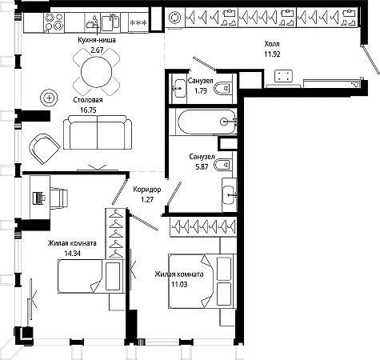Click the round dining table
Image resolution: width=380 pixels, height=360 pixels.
click(96, 72)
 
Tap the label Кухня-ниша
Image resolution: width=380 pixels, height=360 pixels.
click(97, 40)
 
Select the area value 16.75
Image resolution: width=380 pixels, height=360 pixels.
click(88, 110)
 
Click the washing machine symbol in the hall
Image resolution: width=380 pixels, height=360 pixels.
click(175, 18)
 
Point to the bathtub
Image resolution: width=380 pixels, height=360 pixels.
click(206, 122)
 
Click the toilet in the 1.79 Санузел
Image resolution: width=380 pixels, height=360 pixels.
click(222, 88)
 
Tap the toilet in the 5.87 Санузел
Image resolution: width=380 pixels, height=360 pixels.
click(223, 165)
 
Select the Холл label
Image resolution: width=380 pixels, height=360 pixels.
click(272, 44)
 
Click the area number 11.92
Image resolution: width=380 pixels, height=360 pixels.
click(272, 54)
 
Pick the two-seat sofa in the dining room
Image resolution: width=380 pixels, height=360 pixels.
click(98, 132)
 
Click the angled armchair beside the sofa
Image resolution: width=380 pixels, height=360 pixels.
click(44, 149)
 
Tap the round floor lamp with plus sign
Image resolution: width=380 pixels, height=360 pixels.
click(49, 98)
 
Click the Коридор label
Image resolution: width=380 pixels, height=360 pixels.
click(147, 190)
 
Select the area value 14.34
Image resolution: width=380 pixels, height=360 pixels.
click(73, 253)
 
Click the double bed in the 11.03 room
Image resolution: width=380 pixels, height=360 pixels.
click(202, 282)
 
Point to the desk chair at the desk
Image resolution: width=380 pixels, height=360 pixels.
click(58, 198)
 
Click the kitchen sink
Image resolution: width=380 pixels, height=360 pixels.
click(110, 22)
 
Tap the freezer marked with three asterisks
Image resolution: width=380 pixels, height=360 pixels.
click(138, 23)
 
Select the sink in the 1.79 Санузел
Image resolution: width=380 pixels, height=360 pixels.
click(179, 88)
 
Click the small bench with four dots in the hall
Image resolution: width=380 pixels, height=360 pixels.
click(284, 76)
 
